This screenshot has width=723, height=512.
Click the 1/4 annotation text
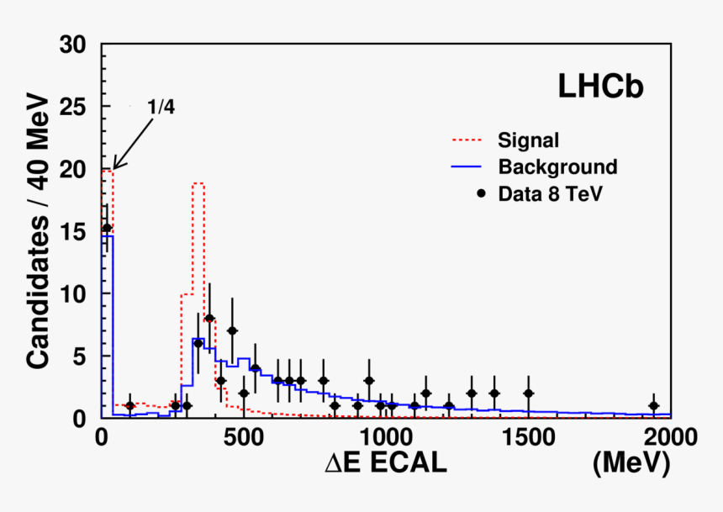point(161,107)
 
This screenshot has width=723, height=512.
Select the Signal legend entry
point(528,140)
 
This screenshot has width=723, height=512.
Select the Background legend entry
point(557,166)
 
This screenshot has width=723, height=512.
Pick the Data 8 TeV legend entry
point(551,193)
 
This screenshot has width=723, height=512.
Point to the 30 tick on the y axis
point(76,45)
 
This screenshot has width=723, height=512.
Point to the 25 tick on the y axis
point(76,108)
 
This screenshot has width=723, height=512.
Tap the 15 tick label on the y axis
point(76,232)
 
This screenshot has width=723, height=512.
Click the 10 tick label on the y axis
point(76,294)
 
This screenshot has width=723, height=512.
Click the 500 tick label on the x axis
point(244,438)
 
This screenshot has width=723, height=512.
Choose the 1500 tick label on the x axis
point(528,438)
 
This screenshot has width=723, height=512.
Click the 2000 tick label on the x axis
point(670,438)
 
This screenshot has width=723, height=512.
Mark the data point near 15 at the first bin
point(107,228)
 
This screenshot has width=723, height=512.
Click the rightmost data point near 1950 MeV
point(653,406)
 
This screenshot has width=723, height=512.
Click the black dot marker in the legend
point(481,193)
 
